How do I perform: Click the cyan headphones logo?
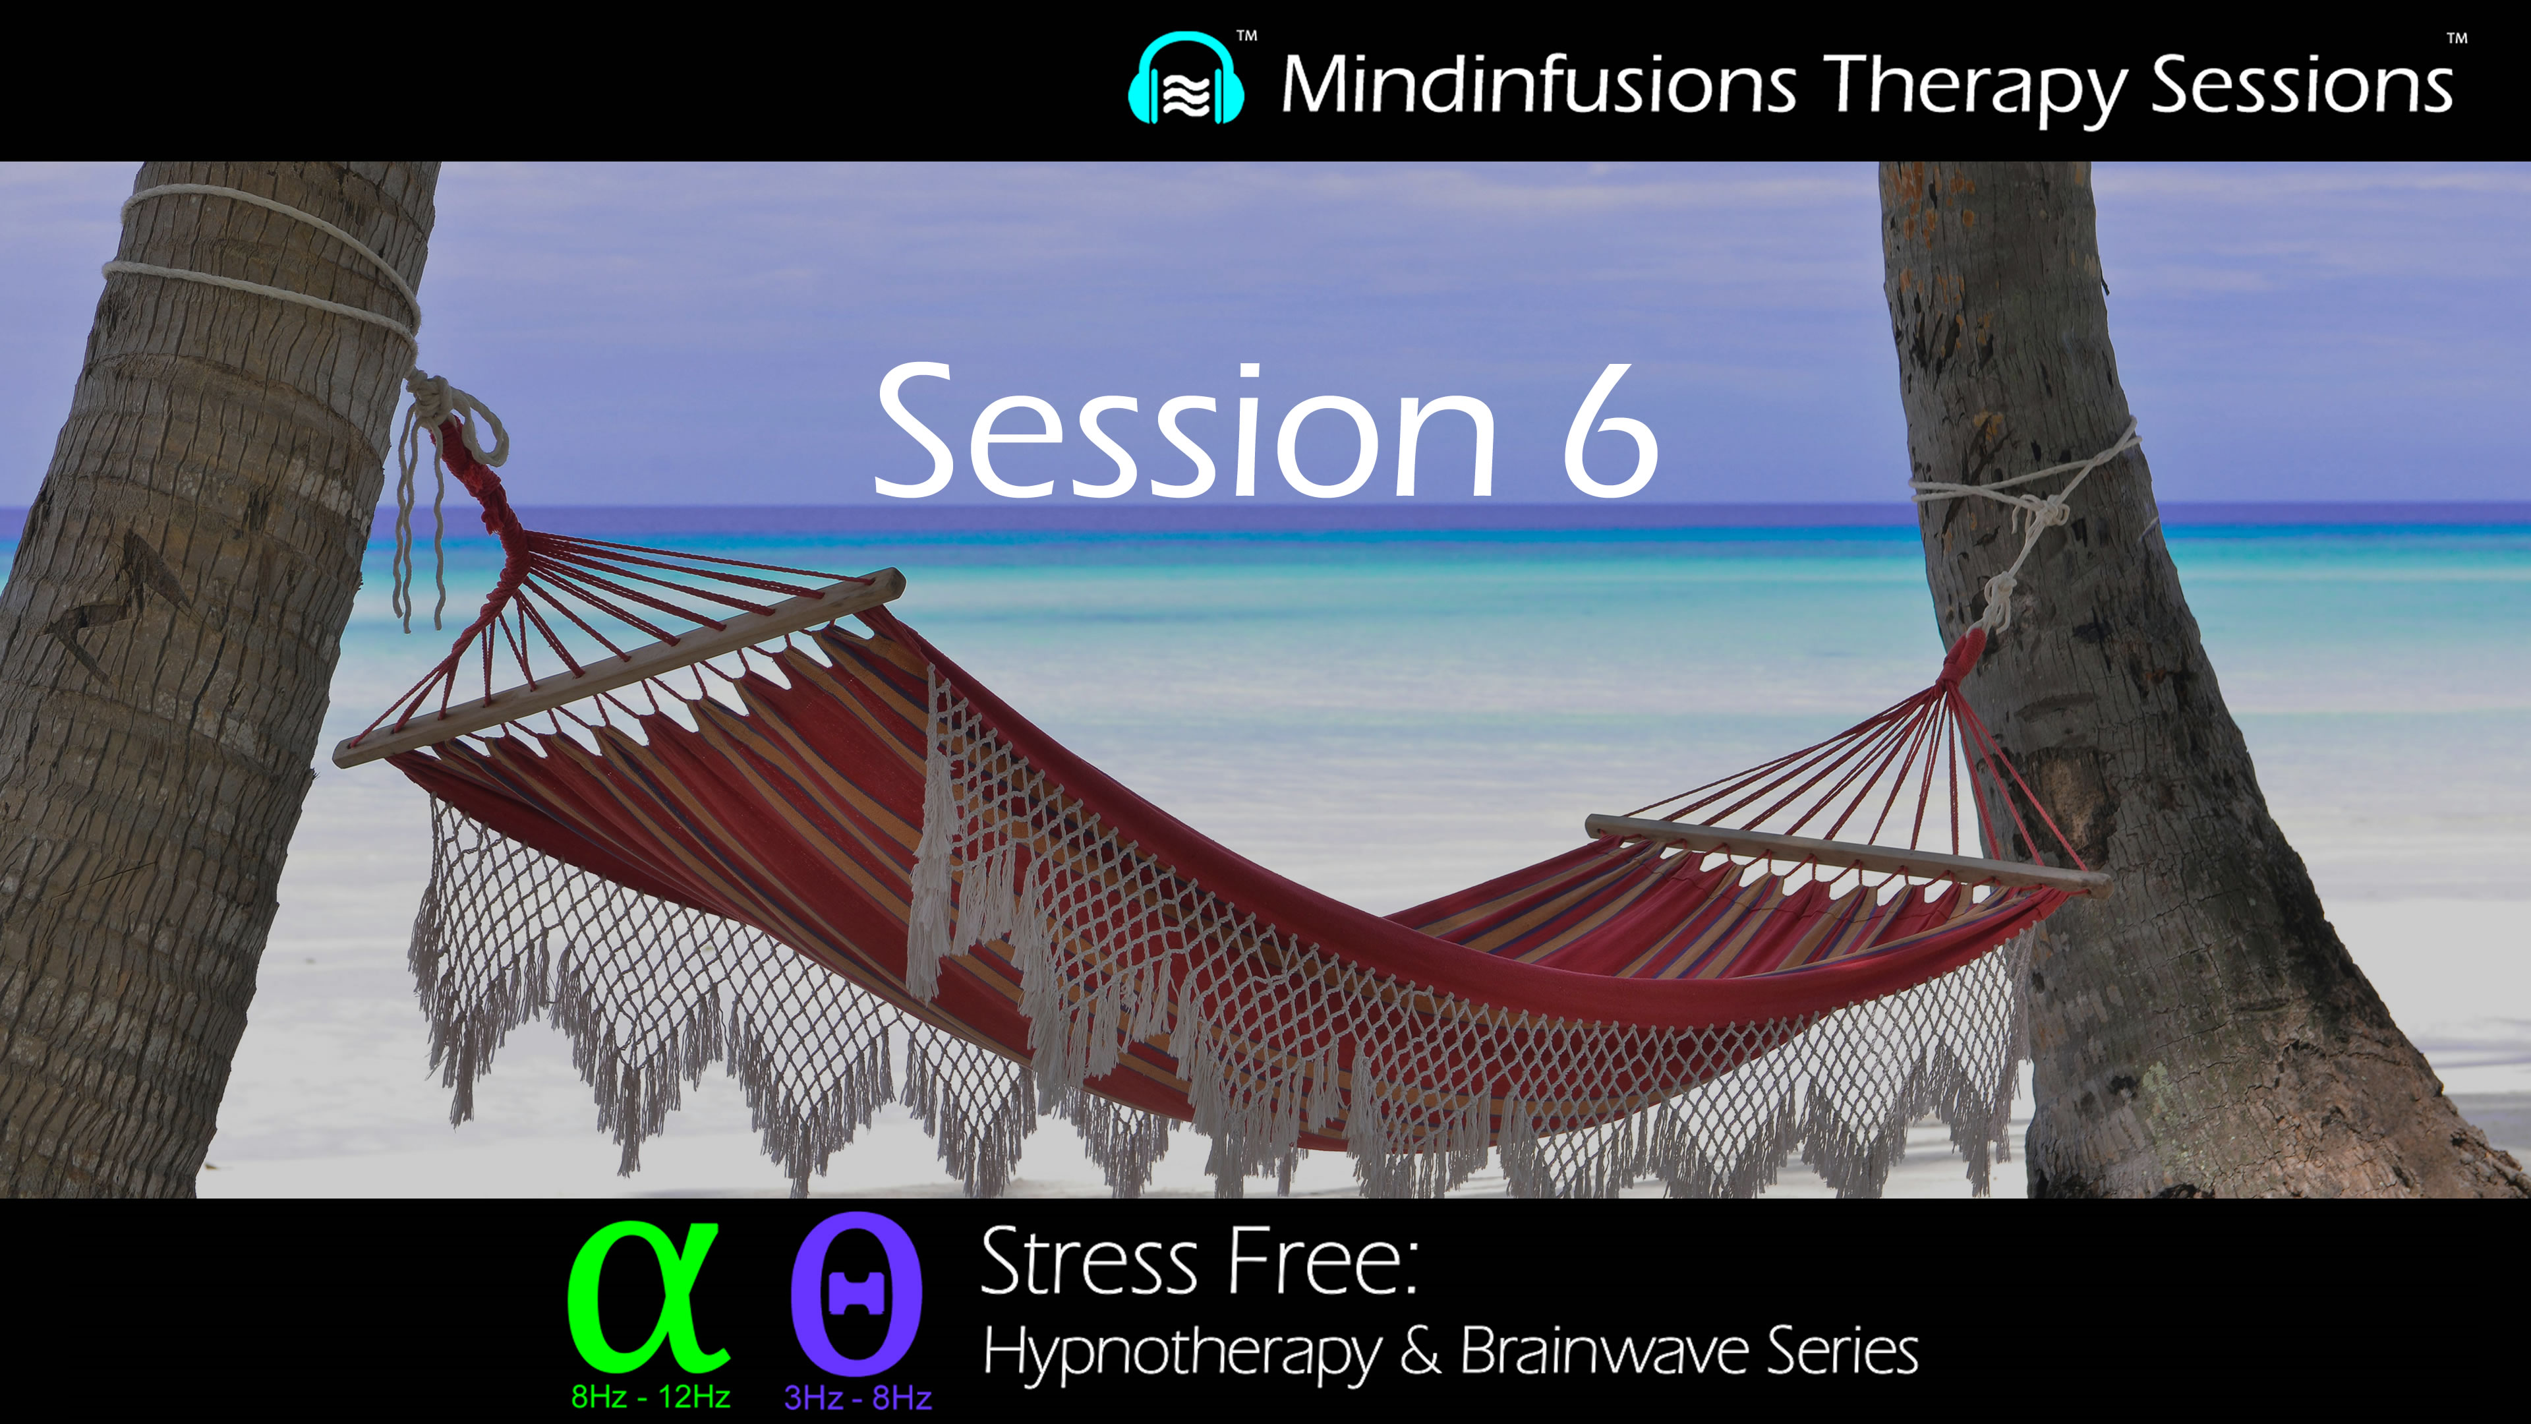click(x=1186, y=80)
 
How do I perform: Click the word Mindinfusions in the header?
click(x=1538, y=84)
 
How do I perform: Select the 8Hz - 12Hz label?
click(x=651, y=1396)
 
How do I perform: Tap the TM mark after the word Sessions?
click(x=2457, y=40)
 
